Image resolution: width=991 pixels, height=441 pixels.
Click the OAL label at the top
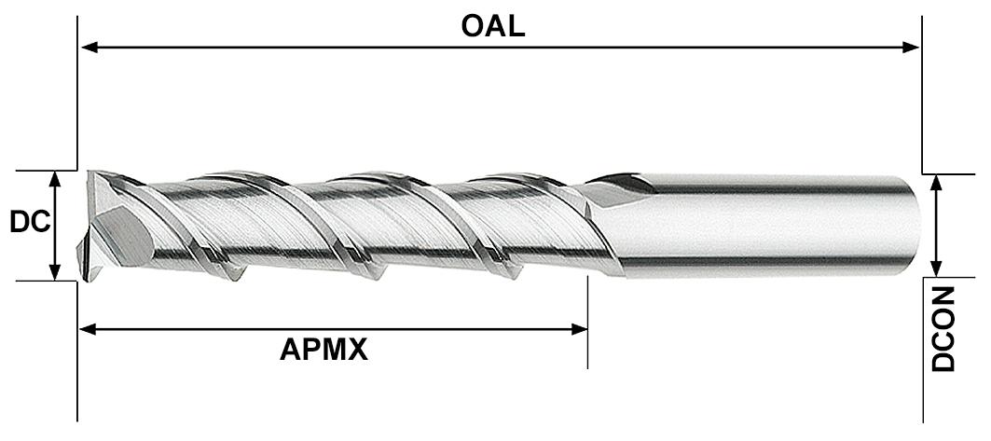click(492, 26)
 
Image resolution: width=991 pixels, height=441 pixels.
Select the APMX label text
click(323, 350)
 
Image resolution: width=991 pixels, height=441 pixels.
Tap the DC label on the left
click(30, 223)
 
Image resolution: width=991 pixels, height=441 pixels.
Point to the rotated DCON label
click(943, 328)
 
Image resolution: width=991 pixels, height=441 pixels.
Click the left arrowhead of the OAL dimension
click(89, 48)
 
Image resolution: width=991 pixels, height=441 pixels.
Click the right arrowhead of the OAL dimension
click(910, 48)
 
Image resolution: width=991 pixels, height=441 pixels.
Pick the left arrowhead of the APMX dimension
click(89, 329)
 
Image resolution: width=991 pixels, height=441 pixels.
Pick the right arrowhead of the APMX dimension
click(579, 329)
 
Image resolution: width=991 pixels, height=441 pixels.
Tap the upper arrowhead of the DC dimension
click(55, 180)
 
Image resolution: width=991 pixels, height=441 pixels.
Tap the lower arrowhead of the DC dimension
click(55, 270)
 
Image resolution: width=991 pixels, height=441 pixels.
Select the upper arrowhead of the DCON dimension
click(937, 184)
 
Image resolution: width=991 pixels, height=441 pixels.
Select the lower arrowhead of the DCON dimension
click(937, 267)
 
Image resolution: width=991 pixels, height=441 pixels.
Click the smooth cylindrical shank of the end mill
click(759, 225)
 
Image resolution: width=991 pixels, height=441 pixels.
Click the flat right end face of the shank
click(915, 226)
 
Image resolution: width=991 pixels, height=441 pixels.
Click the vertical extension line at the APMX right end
click(587, 323)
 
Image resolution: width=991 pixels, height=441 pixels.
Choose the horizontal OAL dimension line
click(500, 48)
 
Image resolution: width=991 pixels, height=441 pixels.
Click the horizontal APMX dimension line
click(334, 329)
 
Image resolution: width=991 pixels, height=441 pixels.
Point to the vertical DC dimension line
click(55, 226)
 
